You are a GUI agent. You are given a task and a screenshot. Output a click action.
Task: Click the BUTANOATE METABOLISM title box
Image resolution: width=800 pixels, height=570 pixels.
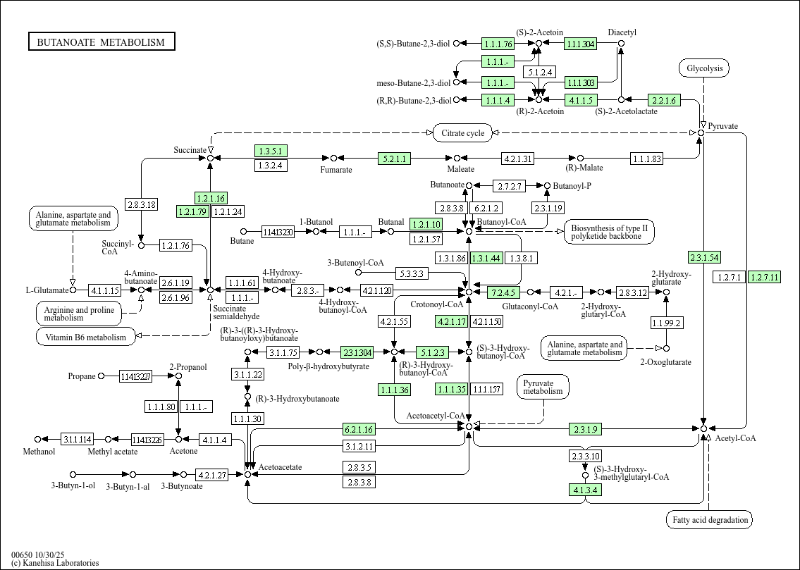[x=101, y=42]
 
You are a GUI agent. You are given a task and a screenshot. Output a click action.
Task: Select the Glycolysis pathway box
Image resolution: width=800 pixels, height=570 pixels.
[x=703, y=68]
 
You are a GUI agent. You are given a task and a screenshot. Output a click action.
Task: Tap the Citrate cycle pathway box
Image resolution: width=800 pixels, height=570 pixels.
[x=462, y=132]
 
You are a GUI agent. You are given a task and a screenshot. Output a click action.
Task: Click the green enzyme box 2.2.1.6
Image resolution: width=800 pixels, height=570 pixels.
[x=663, y=100]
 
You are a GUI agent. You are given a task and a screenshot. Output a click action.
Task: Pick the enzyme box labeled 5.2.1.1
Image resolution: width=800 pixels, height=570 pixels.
[x=394, y=159]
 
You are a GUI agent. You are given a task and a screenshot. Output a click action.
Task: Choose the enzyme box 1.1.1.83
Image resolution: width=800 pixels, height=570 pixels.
[x=646, y=159]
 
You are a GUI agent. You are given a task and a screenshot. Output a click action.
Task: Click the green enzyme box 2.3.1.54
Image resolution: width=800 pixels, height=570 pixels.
[x=704, y=257]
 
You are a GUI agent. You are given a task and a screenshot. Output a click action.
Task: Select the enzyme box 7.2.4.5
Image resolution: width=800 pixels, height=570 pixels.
[x=504, y=292]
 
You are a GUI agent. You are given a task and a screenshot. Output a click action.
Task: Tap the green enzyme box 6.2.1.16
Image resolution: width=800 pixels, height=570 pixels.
[x=359, y=429]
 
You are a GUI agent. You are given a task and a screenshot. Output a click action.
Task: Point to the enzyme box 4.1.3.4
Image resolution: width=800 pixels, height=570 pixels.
[x=585, y=489]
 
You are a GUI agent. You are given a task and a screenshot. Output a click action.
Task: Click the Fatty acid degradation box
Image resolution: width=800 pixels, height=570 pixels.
[x=709, y=520]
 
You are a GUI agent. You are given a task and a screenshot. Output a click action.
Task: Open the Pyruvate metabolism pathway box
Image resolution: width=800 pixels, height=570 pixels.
[x=543, y=386]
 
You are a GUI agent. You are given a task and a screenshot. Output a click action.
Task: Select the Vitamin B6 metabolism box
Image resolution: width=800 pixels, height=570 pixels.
[x=85, y=337]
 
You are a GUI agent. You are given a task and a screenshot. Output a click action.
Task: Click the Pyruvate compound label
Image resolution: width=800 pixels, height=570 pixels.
[x=723, y=126]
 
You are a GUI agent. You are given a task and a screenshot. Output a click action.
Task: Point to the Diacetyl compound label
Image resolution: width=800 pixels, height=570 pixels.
[x=622, y=32]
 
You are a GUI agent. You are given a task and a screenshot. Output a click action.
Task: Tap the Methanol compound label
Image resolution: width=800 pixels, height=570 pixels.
[x=39, y=452]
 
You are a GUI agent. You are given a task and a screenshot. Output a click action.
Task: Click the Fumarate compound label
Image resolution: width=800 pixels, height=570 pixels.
[x=336, y=170]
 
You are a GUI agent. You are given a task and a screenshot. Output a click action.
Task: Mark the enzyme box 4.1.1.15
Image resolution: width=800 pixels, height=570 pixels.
[x=105, y=290]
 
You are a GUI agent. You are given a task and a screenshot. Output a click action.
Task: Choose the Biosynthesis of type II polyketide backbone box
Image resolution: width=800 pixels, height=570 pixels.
[x=609, y=232]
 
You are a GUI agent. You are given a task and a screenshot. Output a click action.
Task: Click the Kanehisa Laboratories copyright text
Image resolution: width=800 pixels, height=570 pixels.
[x=55, y=562]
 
